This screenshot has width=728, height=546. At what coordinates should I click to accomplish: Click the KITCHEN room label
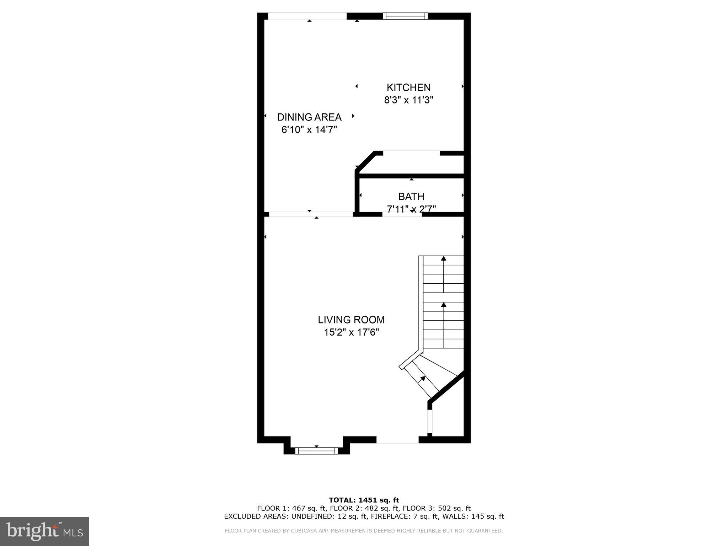point(408,87)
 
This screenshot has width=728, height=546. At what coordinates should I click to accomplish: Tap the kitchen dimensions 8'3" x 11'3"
point(408,100)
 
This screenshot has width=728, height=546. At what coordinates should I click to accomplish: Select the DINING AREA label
point(309,117)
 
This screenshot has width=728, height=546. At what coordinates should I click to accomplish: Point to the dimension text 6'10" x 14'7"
point(309,130)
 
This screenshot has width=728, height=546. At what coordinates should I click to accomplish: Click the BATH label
point(411,197)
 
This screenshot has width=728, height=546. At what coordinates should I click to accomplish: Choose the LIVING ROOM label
point(351,320)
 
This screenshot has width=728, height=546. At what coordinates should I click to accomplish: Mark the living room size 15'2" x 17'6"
point(351,333)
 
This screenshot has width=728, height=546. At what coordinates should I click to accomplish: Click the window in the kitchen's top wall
point(405,16)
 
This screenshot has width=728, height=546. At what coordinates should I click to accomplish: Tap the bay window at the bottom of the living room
point(316,451)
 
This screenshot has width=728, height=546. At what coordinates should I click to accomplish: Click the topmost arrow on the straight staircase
point(444,258)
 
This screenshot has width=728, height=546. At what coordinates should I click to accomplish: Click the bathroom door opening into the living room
point(402,214)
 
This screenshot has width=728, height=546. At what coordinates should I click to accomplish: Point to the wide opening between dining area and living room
point(311,214)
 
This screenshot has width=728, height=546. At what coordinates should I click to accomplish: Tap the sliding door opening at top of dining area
point(307,16)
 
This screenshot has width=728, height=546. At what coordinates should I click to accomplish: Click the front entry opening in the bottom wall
point(397,440)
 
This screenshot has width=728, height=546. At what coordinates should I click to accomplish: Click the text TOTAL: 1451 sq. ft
point(364,500)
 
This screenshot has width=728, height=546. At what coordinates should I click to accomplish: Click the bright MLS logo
point(44,531)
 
